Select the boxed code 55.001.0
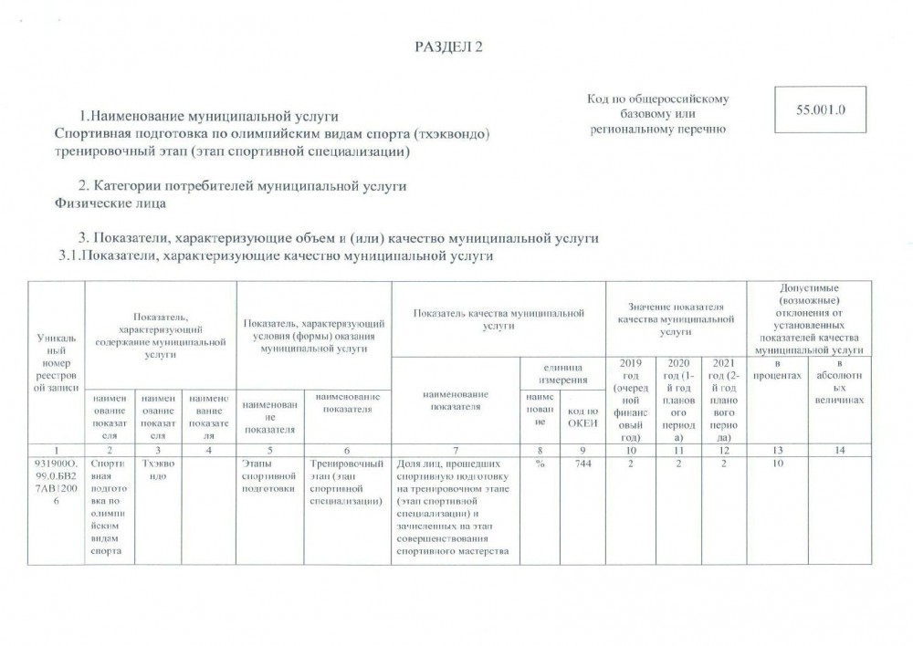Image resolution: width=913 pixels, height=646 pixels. (819, 109)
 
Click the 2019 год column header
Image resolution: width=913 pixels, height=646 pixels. (631, 399)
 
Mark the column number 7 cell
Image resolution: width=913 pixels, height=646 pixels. (453, 450)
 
